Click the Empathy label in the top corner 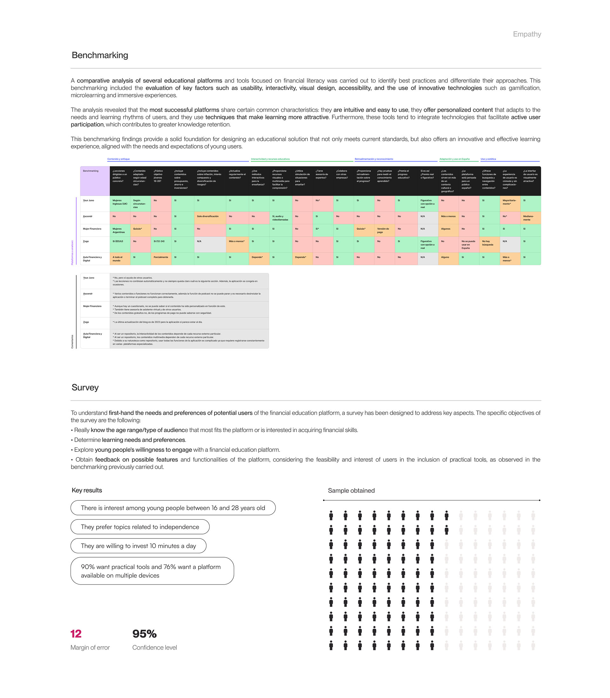527,34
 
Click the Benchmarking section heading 100,55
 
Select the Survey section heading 85,387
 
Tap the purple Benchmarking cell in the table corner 95,181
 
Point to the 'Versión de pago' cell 384,230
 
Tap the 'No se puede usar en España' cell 468,244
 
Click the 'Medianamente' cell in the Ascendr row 530,218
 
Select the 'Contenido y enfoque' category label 119,159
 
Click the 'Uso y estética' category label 488,159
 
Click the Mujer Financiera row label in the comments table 92,306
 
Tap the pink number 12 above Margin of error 76,634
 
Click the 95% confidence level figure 144,634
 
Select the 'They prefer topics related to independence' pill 140,527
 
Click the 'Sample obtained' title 351,491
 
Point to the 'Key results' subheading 87,490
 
